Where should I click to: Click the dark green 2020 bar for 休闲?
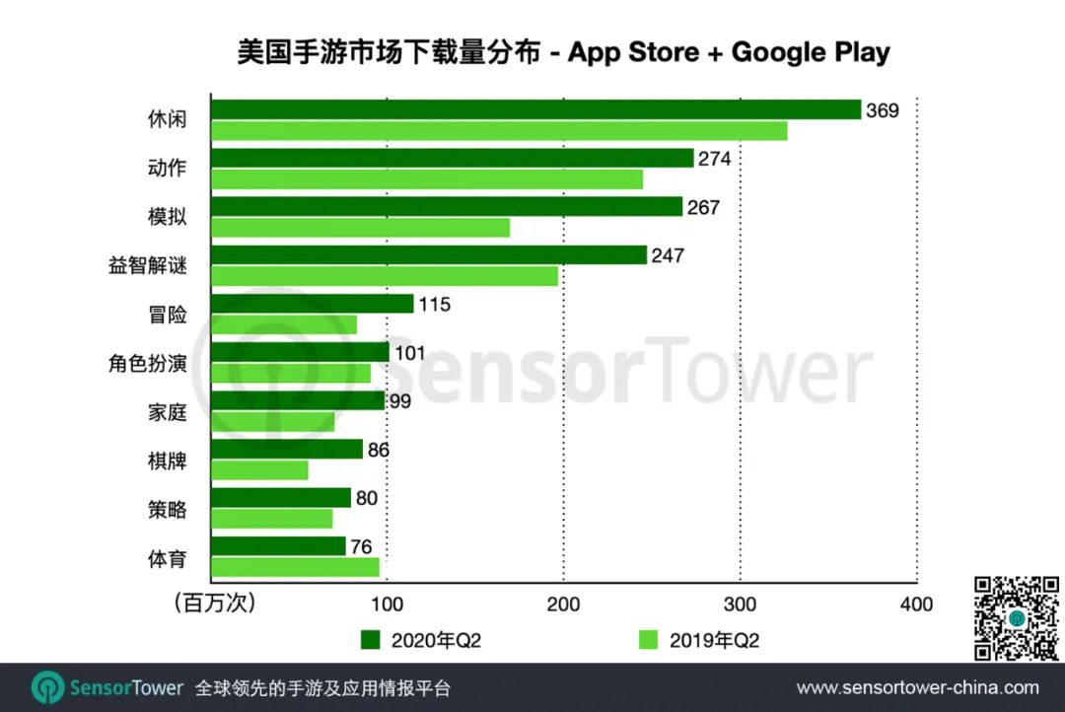tap(535, 109)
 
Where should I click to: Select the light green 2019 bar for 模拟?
tap(360, 228)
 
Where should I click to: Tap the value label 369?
tap(883, 110)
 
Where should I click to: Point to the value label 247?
tap(667, 255)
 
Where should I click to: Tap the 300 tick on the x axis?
tap(741, 605)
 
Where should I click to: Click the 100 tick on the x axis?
tap(387, 605)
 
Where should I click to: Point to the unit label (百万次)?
tap(214, 604)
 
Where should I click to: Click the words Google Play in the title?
tap(811, 52)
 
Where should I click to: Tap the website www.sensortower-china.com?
tap(917, 687)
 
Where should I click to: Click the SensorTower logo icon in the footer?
tap(47, 687)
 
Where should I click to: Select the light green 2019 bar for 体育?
tap(295, 567)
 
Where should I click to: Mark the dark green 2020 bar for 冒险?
tap(312, 304)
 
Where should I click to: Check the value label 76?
tap(363, 546)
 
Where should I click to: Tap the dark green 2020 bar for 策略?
tap(281, 498)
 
